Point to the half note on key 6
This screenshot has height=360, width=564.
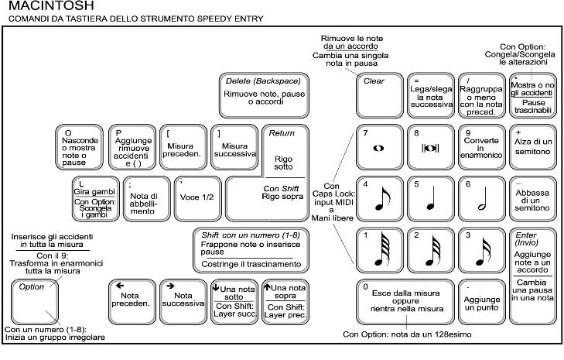coord(480,199)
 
